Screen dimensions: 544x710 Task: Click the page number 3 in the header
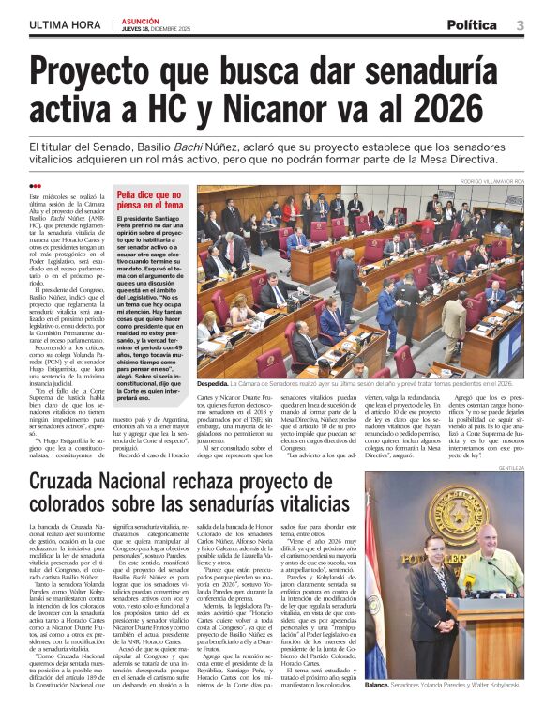520,25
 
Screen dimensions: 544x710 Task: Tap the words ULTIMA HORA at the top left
66,25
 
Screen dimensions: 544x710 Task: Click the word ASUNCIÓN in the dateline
140,19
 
